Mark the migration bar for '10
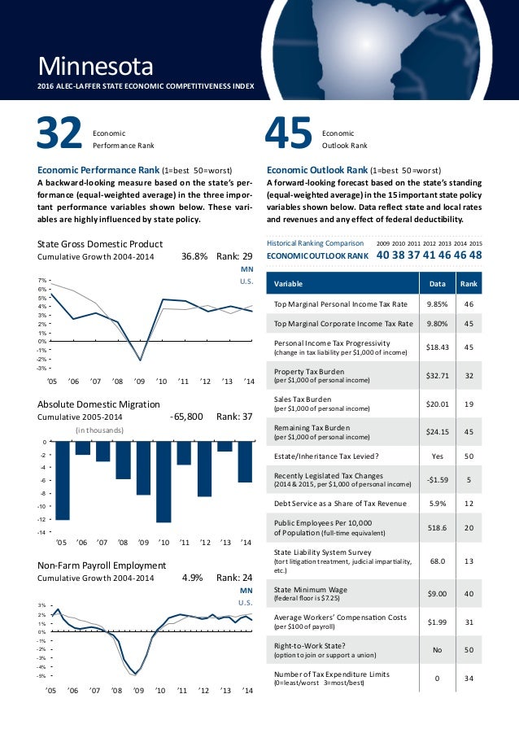164,482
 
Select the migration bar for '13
225,446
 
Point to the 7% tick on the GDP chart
43,280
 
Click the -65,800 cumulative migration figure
186,417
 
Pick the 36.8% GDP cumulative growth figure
194,256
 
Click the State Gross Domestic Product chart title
101,243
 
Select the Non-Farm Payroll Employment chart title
102,565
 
